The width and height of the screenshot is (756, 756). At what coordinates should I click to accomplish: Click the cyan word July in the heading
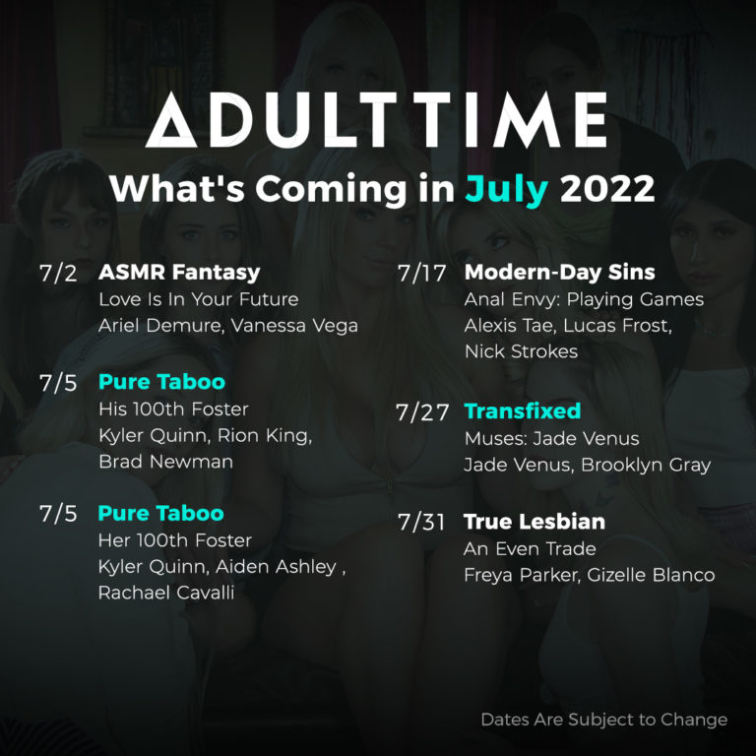click(506, 188)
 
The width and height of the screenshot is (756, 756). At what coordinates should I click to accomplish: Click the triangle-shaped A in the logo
click(169, 122)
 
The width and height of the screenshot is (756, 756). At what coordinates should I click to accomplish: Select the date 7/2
click(58, 274)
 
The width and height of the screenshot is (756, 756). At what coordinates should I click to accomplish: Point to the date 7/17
click(422, 273)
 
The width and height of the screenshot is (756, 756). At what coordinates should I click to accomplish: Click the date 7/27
click(422, 412)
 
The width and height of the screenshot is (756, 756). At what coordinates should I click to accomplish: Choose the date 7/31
click(422, 522)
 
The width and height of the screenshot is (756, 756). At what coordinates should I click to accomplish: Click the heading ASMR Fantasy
click(179, 272)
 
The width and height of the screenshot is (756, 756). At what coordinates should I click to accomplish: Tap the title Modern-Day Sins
click(559, 272)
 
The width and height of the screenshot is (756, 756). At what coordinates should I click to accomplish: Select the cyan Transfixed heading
click(522, 410)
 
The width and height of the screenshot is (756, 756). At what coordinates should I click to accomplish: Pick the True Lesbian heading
click(534, 521)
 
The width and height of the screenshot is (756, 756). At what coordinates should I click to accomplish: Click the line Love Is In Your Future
click(198, 298)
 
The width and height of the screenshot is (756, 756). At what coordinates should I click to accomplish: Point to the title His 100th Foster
click(173, 408)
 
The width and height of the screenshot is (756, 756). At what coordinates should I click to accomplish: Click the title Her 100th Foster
click(174, 540)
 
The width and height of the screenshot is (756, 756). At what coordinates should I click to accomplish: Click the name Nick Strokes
click(520, 351)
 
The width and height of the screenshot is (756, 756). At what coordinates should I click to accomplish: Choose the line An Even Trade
click(530, 548)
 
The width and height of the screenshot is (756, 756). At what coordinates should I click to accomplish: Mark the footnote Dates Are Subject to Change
click(603, 720)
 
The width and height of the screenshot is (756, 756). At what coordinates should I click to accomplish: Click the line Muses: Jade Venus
click(551, 438)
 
